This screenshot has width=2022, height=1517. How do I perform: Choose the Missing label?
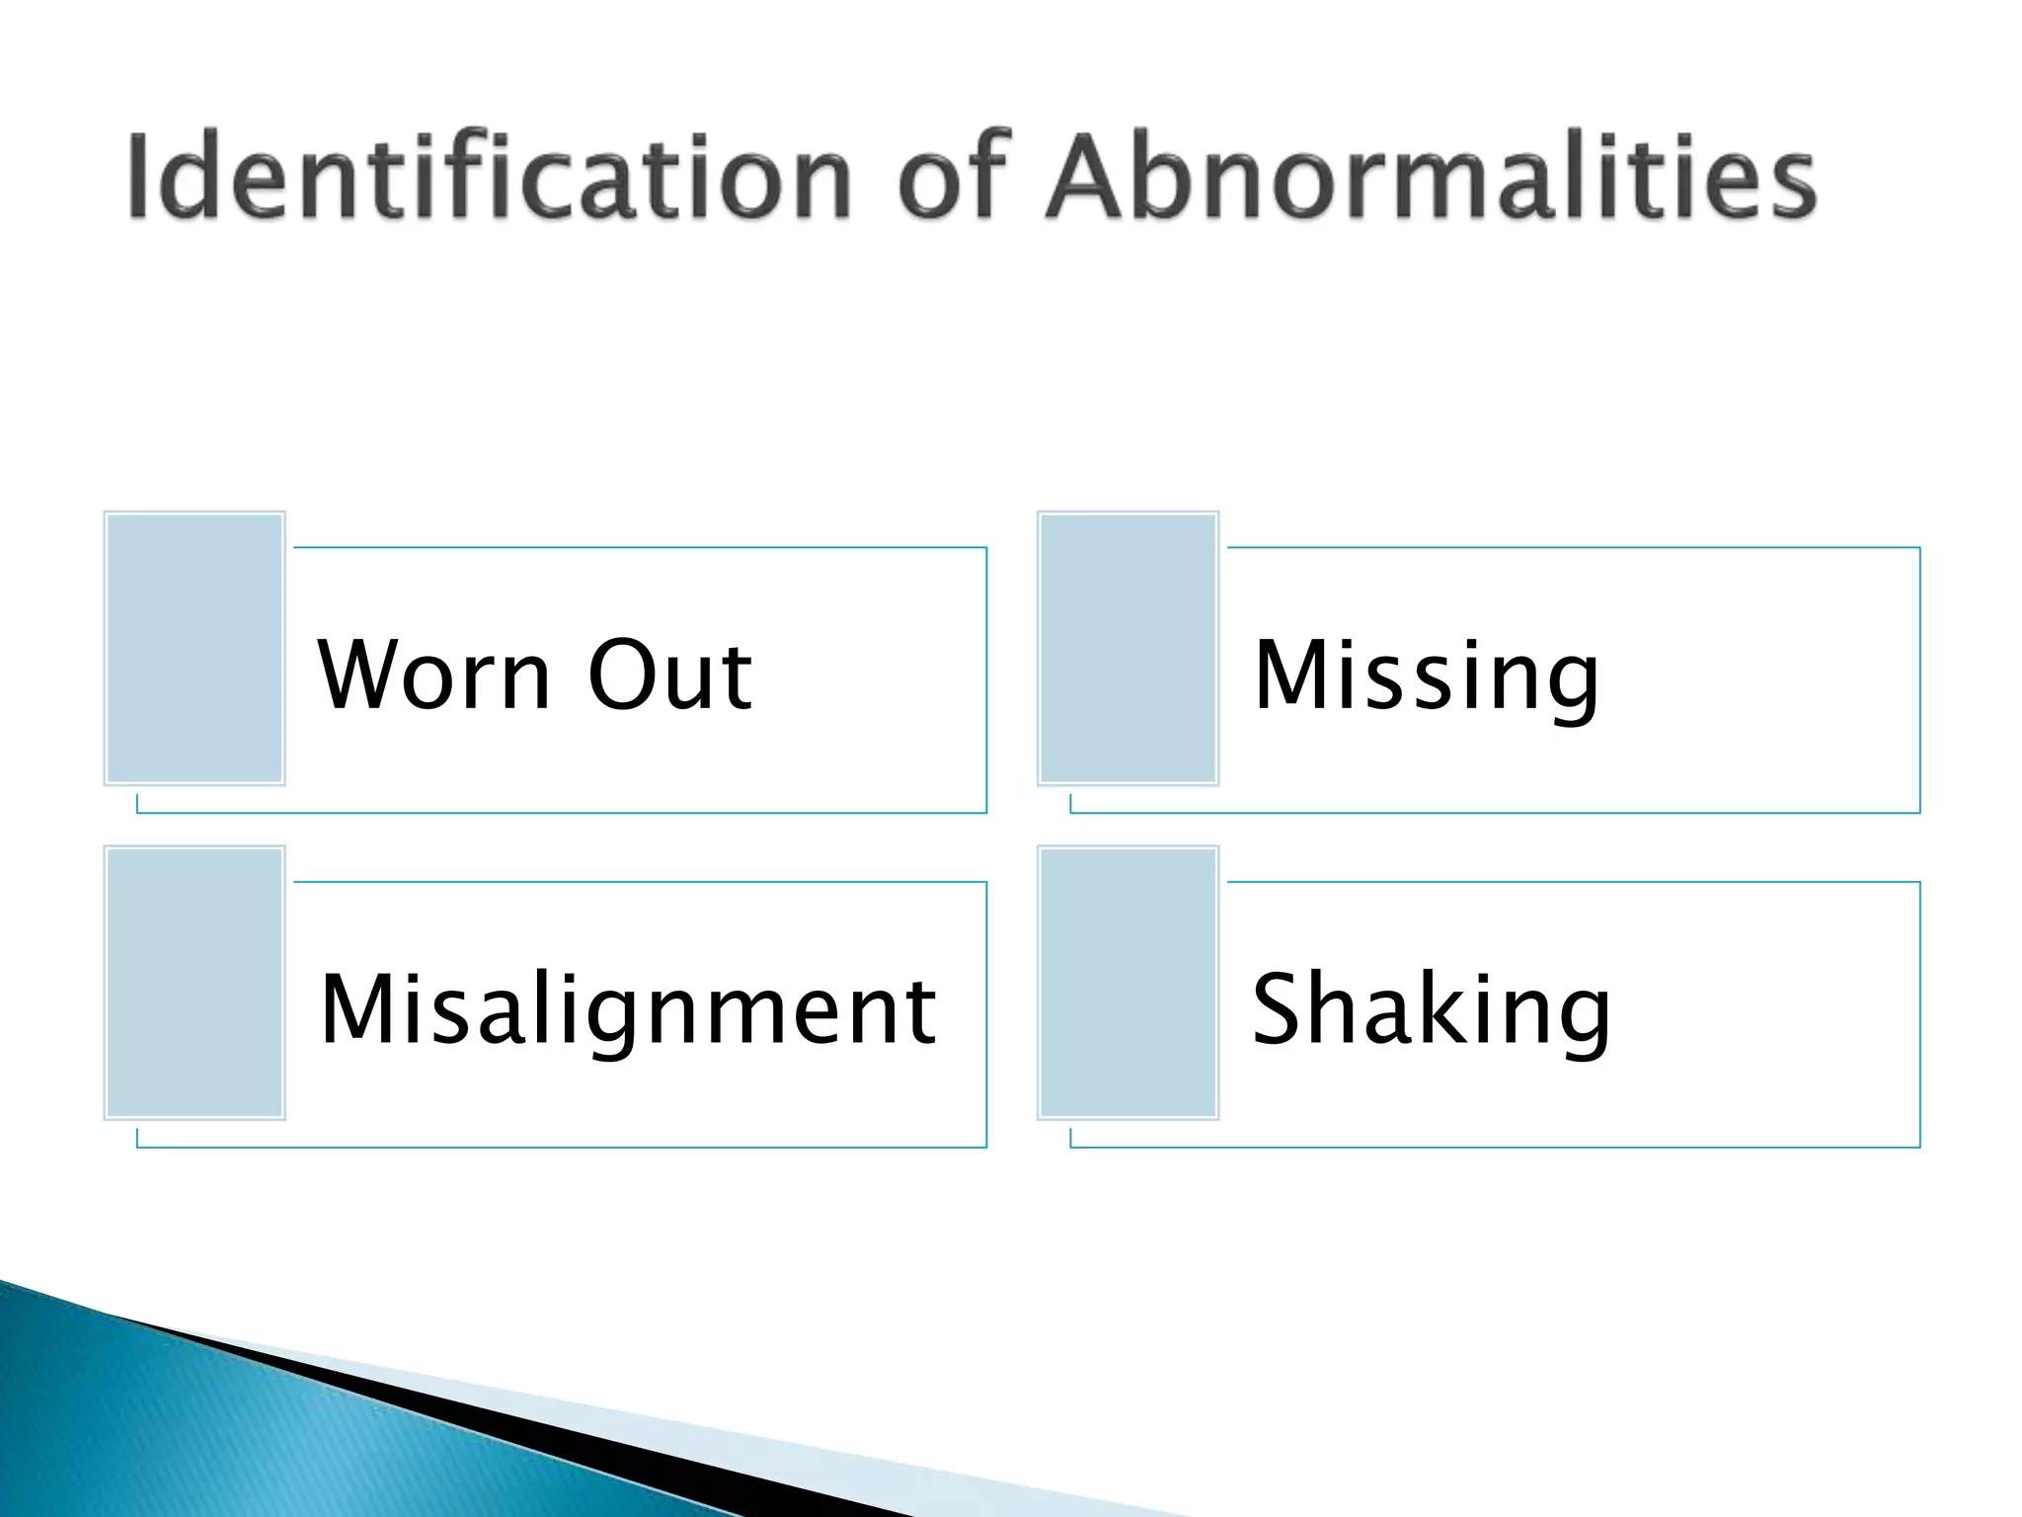click(1426, 678)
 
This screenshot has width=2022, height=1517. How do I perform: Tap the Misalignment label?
click(628, 1009)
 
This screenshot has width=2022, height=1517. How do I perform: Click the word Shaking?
click(1431, 1009)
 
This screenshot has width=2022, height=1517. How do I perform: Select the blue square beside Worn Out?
click(194, 648)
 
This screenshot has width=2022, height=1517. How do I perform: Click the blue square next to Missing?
click(1128, 648)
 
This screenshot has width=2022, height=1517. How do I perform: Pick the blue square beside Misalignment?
click(194, 983)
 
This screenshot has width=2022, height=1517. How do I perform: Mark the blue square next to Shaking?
click(1128, 983)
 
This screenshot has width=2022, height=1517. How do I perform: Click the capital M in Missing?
click(1287, 676)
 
